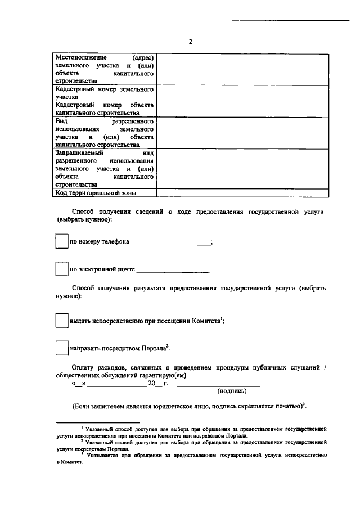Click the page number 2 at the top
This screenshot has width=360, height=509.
(x=191, y=42)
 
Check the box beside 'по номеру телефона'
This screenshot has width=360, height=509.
(x=61, y=241)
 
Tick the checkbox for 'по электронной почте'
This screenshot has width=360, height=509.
(x=61, y=269)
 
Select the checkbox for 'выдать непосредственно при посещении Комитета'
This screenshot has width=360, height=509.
(x=61, y=320)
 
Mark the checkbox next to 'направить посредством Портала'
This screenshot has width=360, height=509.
(x=61, y=348)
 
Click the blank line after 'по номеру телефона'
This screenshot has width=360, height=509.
(x=170, y=243)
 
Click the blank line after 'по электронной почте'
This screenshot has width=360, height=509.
(x=173, y=271)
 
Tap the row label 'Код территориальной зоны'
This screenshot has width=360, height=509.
(x=96, y=193)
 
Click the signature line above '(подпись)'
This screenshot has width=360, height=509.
(x=219, y=385)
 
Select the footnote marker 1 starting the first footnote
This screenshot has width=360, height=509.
(x=82, y=427)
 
